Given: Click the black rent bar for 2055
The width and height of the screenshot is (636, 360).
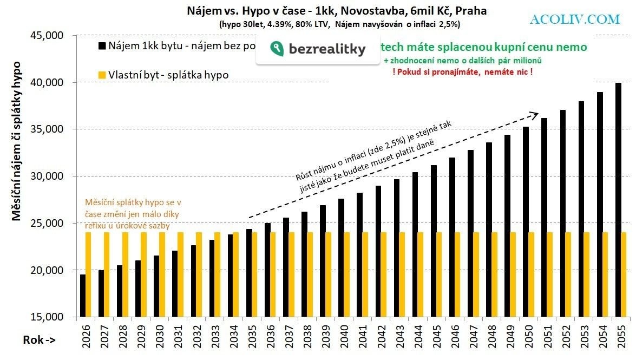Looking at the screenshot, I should point(618,200).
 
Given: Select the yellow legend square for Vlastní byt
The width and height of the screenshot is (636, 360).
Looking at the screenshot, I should point(101,75).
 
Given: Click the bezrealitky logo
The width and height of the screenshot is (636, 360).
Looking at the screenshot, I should point(318,49).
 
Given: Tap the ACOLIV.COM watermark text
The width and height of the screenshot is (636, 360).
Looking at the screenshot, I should point(575,19).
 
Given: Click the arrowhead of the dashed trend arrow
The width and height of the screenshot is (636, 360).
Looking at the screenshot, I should point(534,114).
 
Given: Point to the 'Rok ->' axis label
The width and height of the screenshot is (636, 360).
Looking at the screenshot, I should point(38,340).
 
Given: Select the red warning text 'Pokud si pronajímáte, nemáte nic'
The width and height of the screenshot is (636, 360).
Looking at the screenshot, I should point(462,71).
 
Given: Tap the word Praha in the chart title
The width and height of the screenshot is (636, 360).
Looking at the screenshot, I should point(472,11).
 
